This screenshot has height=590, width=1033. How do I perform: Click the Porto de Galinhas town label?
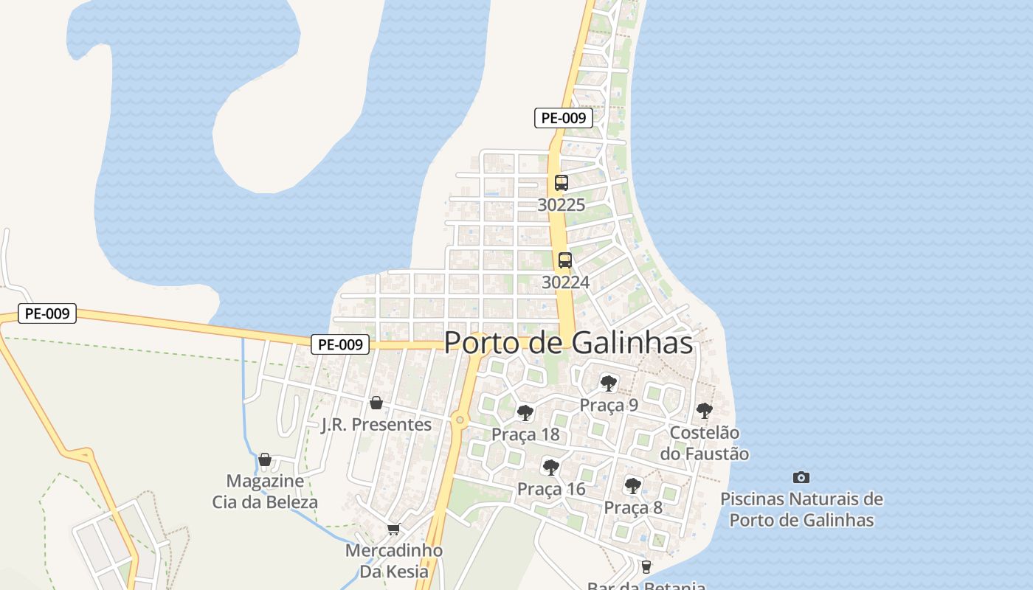tap(569, 343)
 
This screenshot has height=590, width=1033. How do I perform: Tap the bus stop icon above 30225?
tap(562, 183)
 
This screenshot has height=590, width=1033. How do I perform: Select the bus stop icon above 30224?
tap(565, 260)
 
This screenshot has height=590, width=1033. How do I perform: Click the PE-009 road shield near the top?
tap(564, 118)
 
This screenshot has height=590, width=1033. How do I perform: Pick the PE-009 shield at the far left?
tap(47, 313)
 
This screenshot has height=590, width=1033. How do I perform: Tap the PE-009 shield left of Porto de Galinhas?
tap(340, 344)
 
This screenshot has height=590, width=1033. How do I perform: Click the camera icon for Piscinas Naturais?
tap(801, 477)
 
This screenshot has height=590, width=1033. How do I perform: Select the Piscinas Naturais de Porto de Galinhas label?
tap(801, 510)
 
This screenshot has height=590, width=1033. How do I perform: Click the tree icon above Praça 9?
tap(609, 383)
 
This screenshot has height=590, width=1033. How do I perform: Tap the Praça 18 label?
tap(525, 434)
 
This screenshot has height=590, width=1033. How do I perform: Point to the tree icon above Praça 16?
tap(550, 467)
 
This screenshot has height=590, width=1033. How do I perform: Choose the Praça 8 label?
tap(633, 507)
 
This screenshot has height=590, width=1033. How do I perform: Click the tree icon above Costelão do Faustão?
tap(705, 410)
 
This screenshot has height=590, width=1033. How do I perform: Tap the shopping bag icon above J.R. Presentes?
tap(376, 403)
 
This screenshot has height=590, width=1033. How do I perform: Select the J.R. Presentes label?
tap(376, 425)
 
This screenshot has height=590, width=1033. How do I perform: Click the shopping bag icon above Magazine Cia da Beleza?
tap(265, 459)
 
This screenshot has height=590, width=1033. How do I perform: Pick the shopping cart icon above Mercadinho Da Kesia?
tap(394, 530)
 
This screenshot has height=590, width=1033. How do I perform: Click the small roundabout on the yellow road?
tap(460, 420)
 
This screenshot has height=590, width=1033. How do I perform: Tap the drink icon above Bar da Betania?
tap(646, 566)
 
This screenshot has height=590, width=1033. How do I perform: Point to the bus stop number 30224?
tap(566, 282)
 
